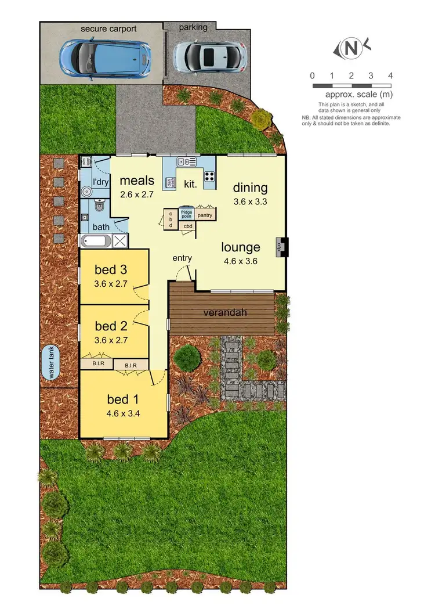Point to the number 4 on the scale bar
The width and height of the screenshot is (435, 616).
tap(390, 75)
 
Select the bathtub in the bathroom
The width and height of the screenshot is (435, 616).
tap(96, 242)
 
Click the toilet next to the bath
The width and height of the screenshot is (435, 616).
tap(99, 206)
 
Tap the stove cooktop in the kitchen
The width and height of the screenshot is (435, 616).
tap(209, 176)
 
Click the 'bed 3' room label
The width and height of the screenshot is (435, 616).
tap(111, 269)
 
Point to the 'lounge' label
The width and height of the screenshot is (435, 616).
tap(240, 247)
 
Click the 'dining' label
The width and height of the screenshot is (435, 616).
tap(250, 188)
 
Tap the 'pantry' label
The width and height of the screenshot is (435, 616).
tap(205, 215)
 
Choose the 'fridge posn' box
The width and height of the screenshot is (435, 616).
tap(186, 214)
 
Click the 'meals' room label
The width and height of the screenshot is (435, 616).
tap(137, 181)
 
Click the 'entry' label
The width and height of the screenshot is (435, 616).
tap(182, 257)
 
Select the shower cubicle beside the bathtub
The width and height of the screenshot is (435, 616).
tap(119, 242)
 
